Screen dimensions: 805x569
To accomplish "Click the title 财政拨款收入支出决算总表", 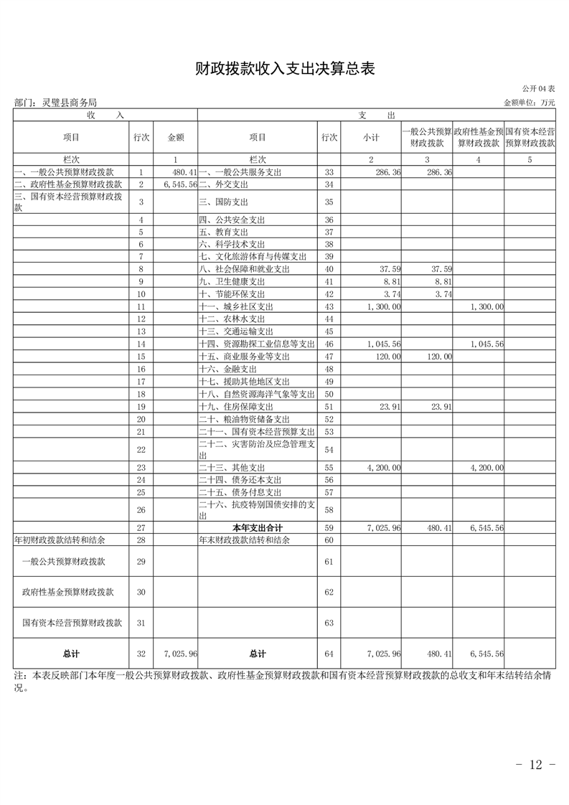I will tap(285, 69).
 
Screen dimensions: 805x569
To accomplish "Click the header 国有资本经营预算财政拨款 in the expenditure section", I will tap(530, 137).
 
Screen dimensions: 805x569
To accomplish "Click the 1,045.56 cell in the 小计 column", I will tap(383, 344).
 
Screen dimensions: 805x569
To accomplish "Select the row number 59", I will tap(329, 528).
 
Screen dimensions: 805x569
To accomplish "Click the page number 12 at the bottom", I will tap(536, 765).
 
